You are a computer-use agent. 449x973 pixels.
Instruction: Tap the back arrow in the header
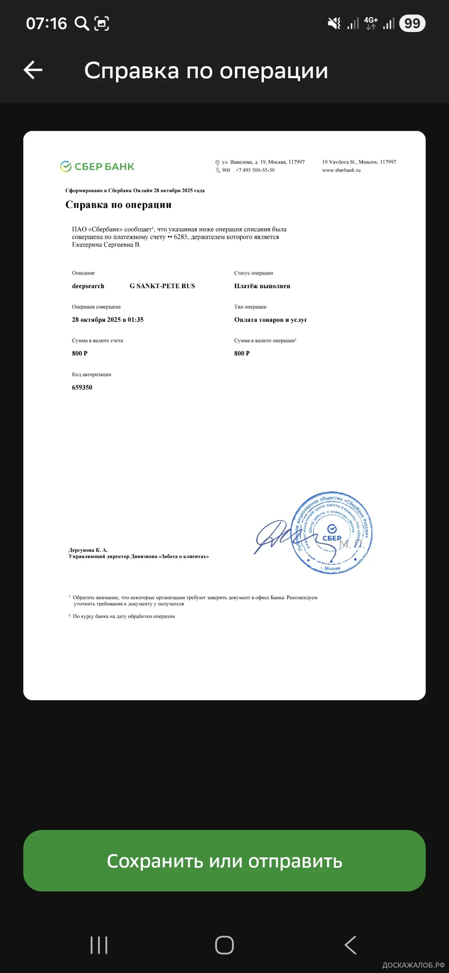pos(33,70)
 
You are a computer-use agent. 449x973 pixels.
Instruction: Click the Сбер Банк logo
pos(97,166)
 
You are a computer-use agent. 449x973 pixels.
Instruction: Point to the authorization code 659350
pos(82,387)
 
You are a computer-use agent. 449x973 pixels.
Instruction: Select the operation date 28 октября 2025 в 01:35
pos(108,320)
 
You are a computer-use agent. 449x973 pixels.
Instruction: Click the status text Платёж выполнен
pos(262,286)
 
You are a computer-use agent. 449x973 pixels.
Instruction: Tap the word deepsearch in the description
pos(88,286)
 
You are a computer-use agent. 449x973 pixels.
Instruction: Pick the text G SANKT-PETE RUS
pos(163,286)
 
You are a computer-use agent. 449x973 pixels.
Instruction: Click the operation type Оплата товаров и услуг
pos(271,320)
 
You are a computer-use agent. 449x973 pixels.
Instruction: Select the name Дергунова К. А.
pos(88,550)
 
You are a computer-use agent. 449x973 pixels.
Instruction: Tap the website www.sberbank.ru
pos(341,170)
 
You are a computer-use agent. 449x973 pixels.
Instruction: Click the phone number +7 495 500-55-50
pos(255,170)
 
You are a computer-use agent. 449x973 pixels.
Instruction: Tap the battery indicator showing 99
pos(412,23)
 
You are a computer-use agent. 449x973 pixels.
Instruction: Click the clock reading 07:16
pos(46,23)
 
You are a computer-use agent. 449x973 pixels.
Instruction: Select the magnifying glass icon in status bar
pos(82,23)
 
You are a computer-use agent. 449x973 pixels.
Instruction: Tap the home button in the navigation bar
pos(224,945)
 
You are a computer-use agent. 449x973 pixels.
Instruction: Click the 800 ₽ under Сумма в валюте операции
pos(242,353)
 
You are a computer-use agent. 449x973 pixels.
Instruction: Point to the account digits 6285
pos(180,237)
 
